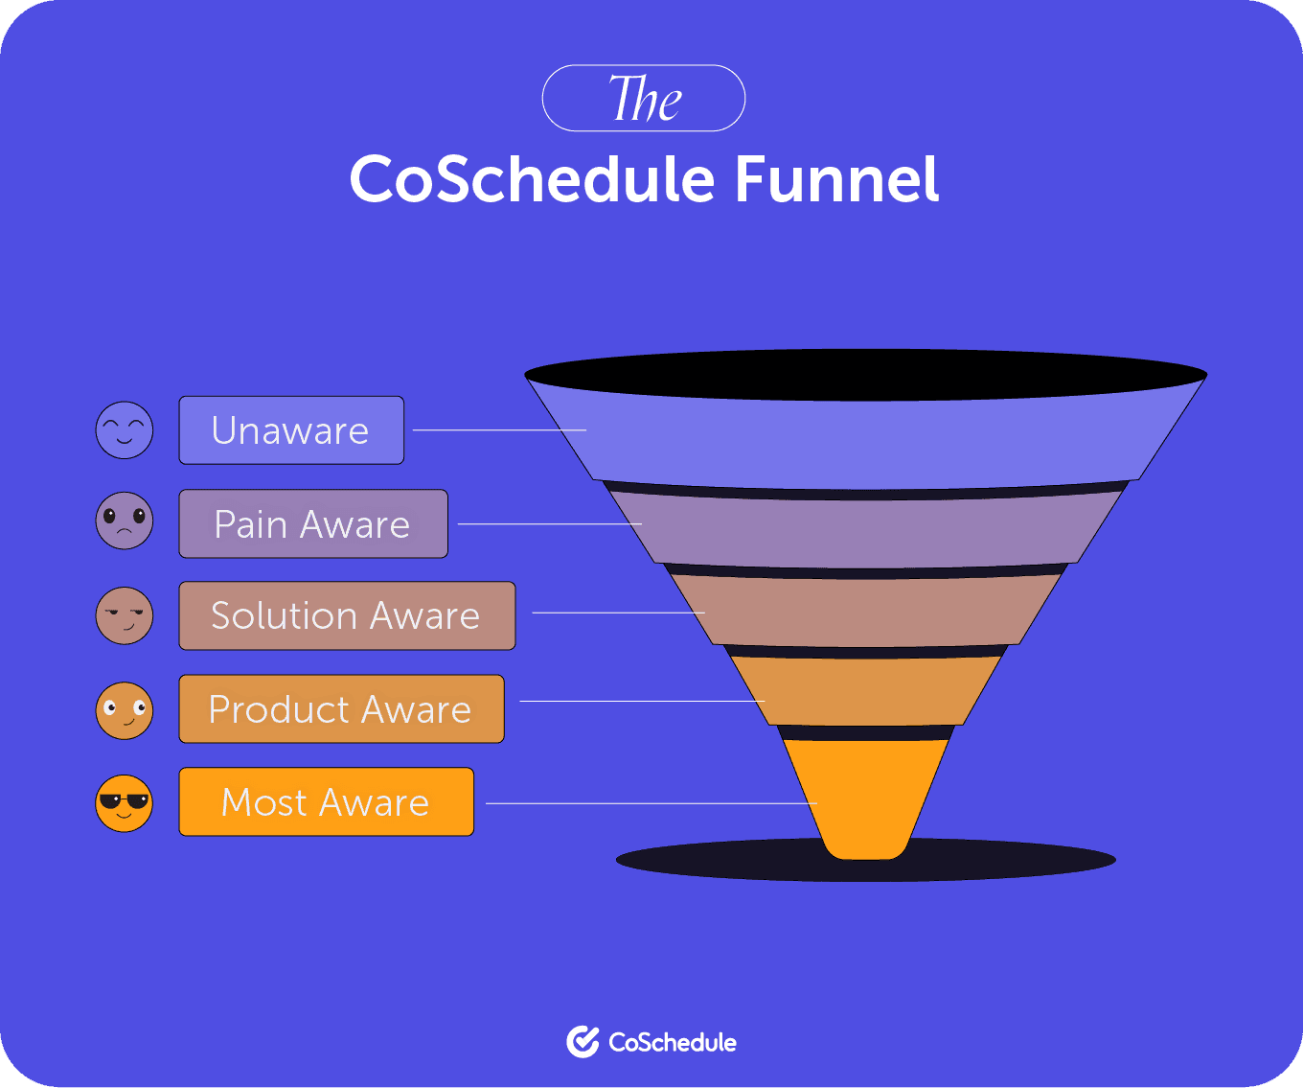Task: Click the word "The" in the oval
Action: click(644, 99)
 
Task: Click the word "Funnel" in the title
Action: click(836, 179)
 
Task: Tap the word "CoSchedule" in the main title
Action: click(532, 179)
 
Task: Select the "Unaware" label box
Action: click(291, 430)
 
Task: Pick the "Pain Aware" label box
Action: click(313, 524)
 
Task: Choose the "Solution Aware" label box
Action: click(347, 615)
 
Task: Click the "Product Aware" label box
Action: click(341, 709)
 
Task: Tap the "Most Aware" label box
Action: click(326, 802)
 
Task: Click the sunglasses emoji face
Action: click(125, 803)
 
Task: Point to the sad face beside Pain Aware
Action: click(125, 521)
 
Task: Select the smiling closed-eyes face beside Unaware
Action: click(125, 430)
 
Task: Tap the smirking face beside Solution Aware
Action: click(125, 615)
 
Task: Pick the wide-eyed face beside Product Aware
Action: click(125, 710)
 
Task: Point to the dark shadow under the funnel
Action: click(1006, 860)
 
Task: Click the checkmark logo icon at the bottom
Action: click(582, 1042)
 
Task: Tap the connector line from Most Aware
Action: click(651, 803)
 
